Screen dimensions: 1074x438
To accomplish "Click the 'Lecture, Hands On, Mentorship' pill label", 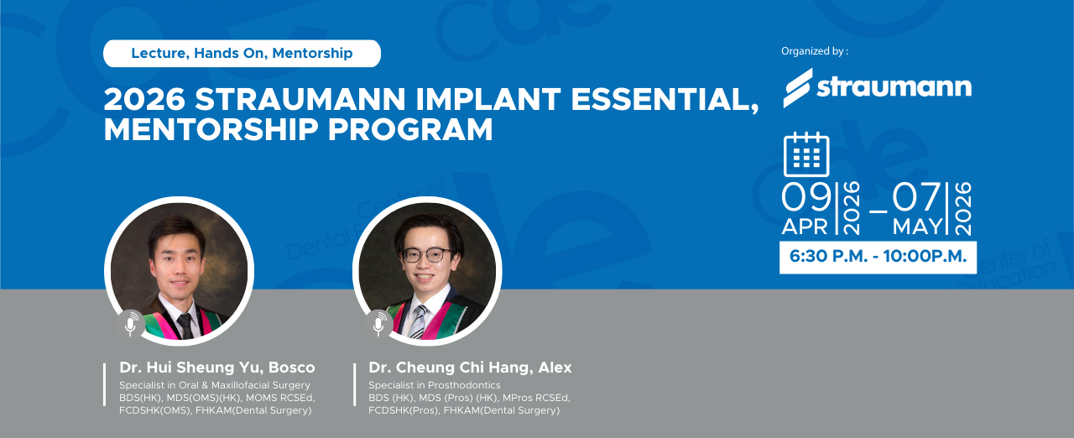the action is (x=242, y=53).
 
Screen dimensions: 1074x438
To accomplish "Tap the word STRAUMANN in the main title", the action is (x=300, y=99).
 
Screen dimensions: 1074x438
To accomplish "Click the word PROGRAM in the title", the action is (x=410, y=129).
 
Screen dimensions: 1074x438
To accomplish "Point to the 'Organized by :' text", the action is (x=815, y=51).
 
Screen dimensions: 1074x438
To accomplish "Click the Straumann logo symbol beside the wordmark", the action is (x=798, y=88).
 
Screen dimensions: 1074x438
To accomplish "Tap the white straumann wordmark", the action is (x=894, y=87).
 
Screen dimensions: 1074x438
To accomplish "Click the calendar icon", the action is (x=806, y=154).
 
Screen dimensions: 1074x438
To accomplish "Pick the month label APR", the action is (x=805, y=227).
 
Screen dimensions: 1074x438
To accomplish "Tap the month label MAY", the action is (x=918, y=227).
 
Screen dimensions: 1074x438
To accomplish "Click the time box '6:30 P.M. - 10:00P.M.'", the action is (x=878, y=258).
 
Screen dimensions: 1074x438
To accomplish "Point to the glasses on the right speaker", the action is (x=427, y=255).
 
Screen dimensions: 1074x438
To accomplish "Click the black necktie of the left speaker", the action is (x=185, y=326).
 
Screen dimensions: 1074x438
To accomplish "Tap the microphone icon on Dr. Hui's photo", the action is (x=130, y=324).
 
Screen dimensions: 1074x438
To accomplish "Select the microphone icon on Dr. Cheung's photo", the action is (x=378, y=324).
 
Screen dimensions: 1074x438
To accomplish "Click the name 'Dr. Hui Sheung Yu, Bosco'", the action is (x=217, y=368).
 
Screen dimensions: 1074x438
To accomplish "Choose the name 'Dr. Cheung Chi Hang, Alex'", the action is (x=471, y=368).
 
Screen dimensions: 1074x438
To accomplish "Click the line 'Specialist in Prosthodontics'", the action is (x=435, y=385).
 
